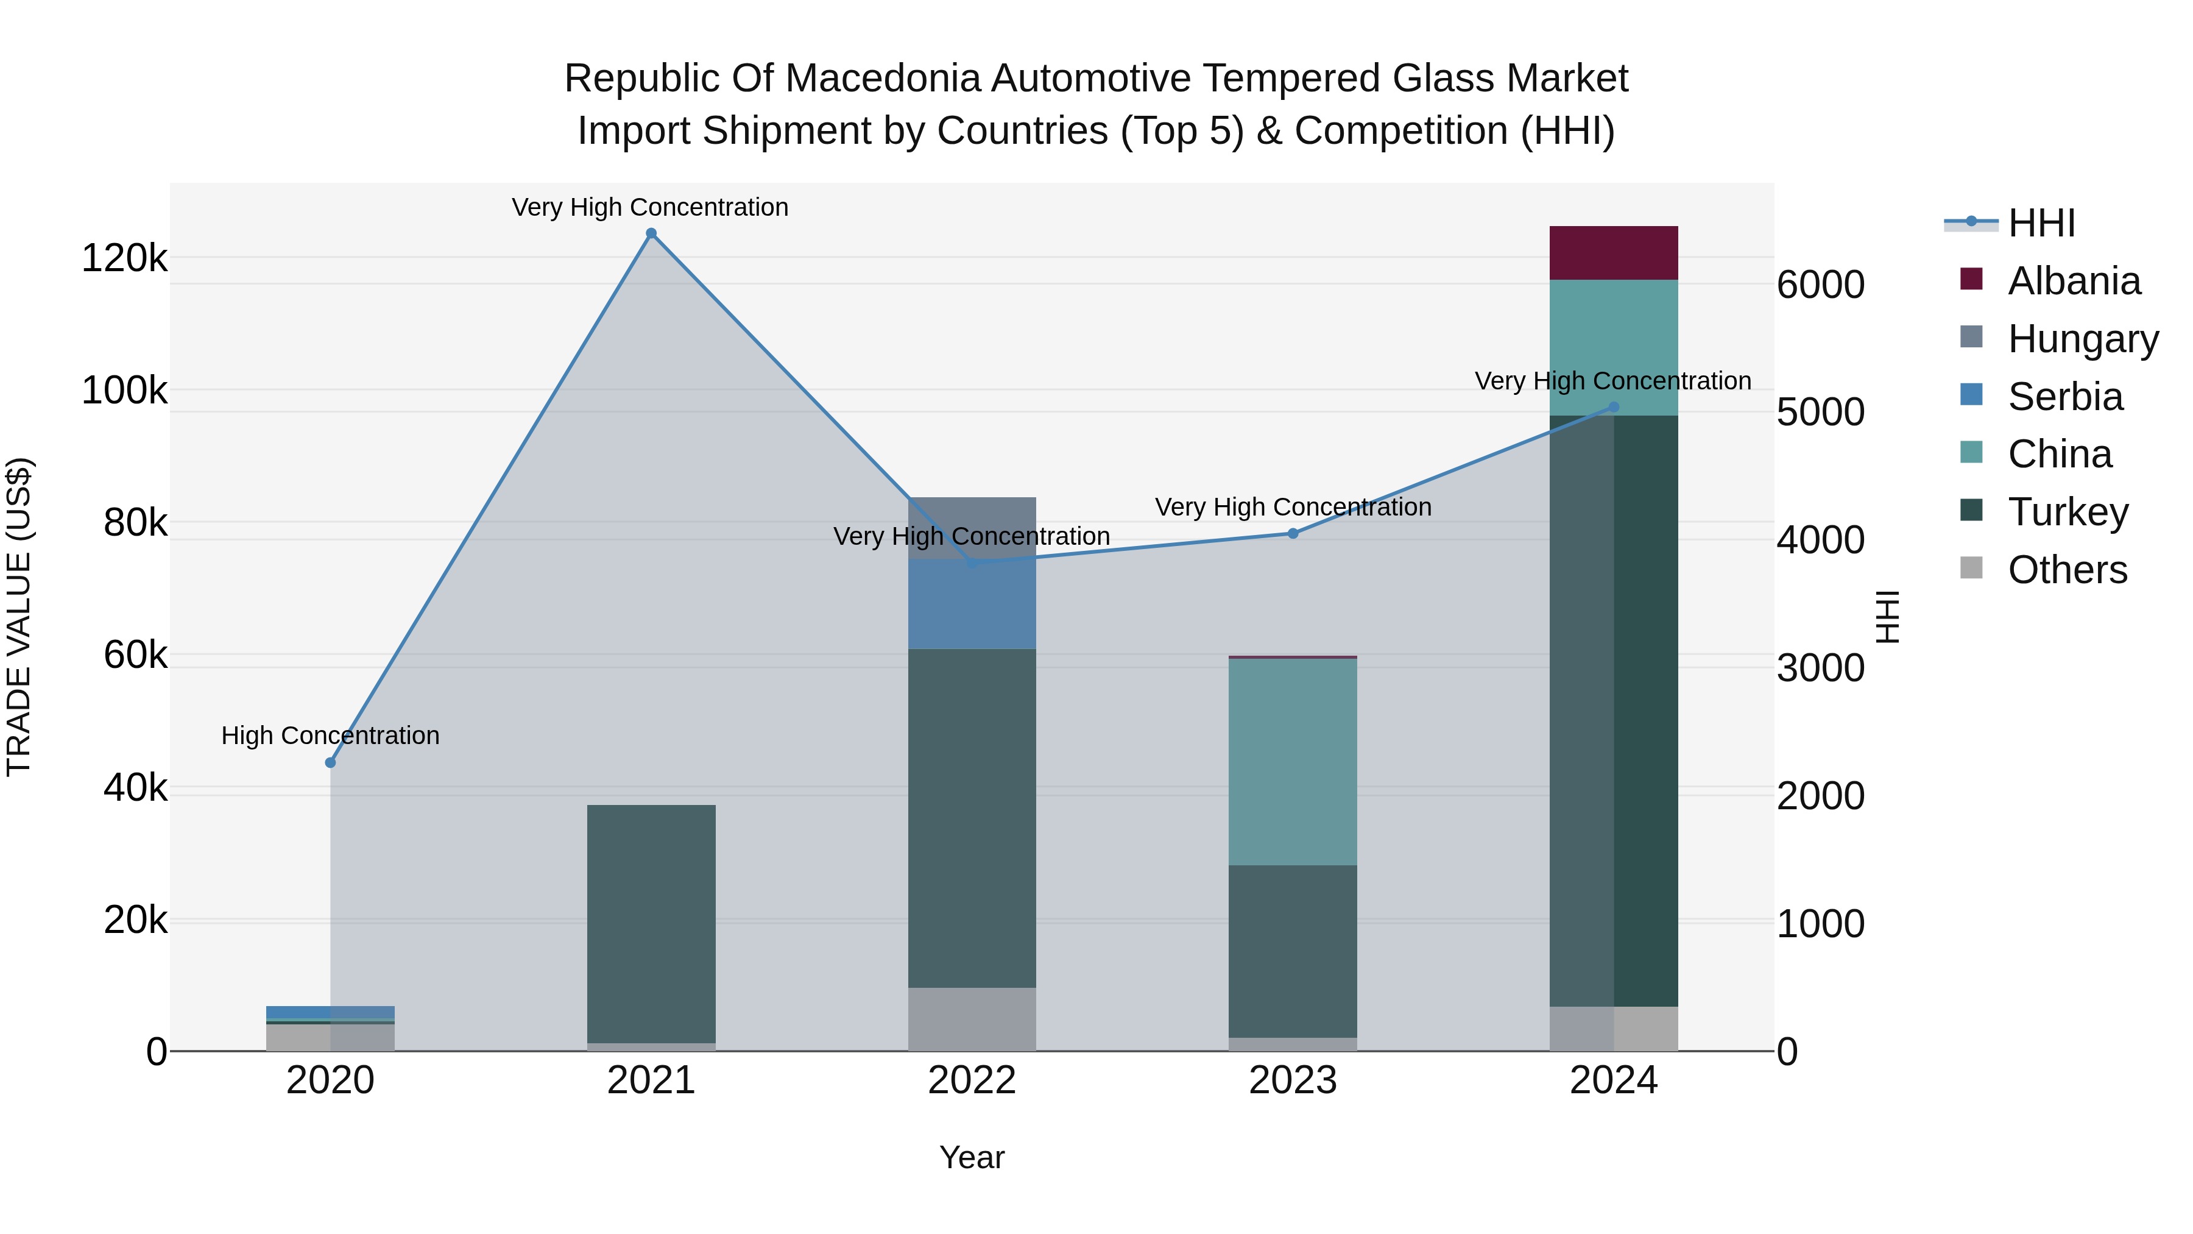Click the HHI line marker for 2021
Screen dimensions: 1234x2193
click(651, 233)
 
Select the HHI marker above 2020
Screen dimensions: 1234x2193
click(330, 762)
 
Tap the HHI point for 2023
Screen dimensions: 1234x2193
click(1292, 534)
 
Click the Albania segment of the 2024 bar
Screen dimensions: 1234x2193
click(1613, 253)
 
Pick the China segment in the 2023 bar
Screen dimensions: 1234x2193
click(1292, 762)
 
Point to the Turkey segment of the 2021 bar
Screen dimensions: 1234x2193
click(651, 924)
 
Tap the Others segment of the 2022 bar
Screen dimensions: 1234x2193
click(972, 1019)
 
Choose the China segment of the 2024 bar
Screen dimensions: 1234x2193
click(1613, 347)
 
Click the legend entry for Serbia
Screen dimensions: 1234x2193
click(2064, 397)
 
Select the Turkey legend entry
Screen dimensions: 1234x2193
click(2067, 512)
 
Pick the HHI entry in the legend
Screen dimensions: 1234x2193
click(2041, 223)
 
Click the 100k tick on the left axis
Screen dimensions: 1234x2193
click(124, 391)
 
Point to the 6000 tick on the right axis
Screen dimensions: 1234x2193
click(1820, 285)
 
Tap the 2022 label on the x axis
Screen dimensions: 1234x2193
click(972, 1080)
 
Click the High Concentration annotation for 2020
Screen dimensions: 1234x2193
click(330, 735)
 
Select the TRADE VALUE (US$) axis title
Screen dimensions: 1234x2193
click(19, 617)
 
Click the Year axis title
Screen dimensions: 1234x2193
click(972, 1157)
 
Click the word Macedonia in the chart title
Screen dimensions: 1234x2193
click(883, 79)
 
